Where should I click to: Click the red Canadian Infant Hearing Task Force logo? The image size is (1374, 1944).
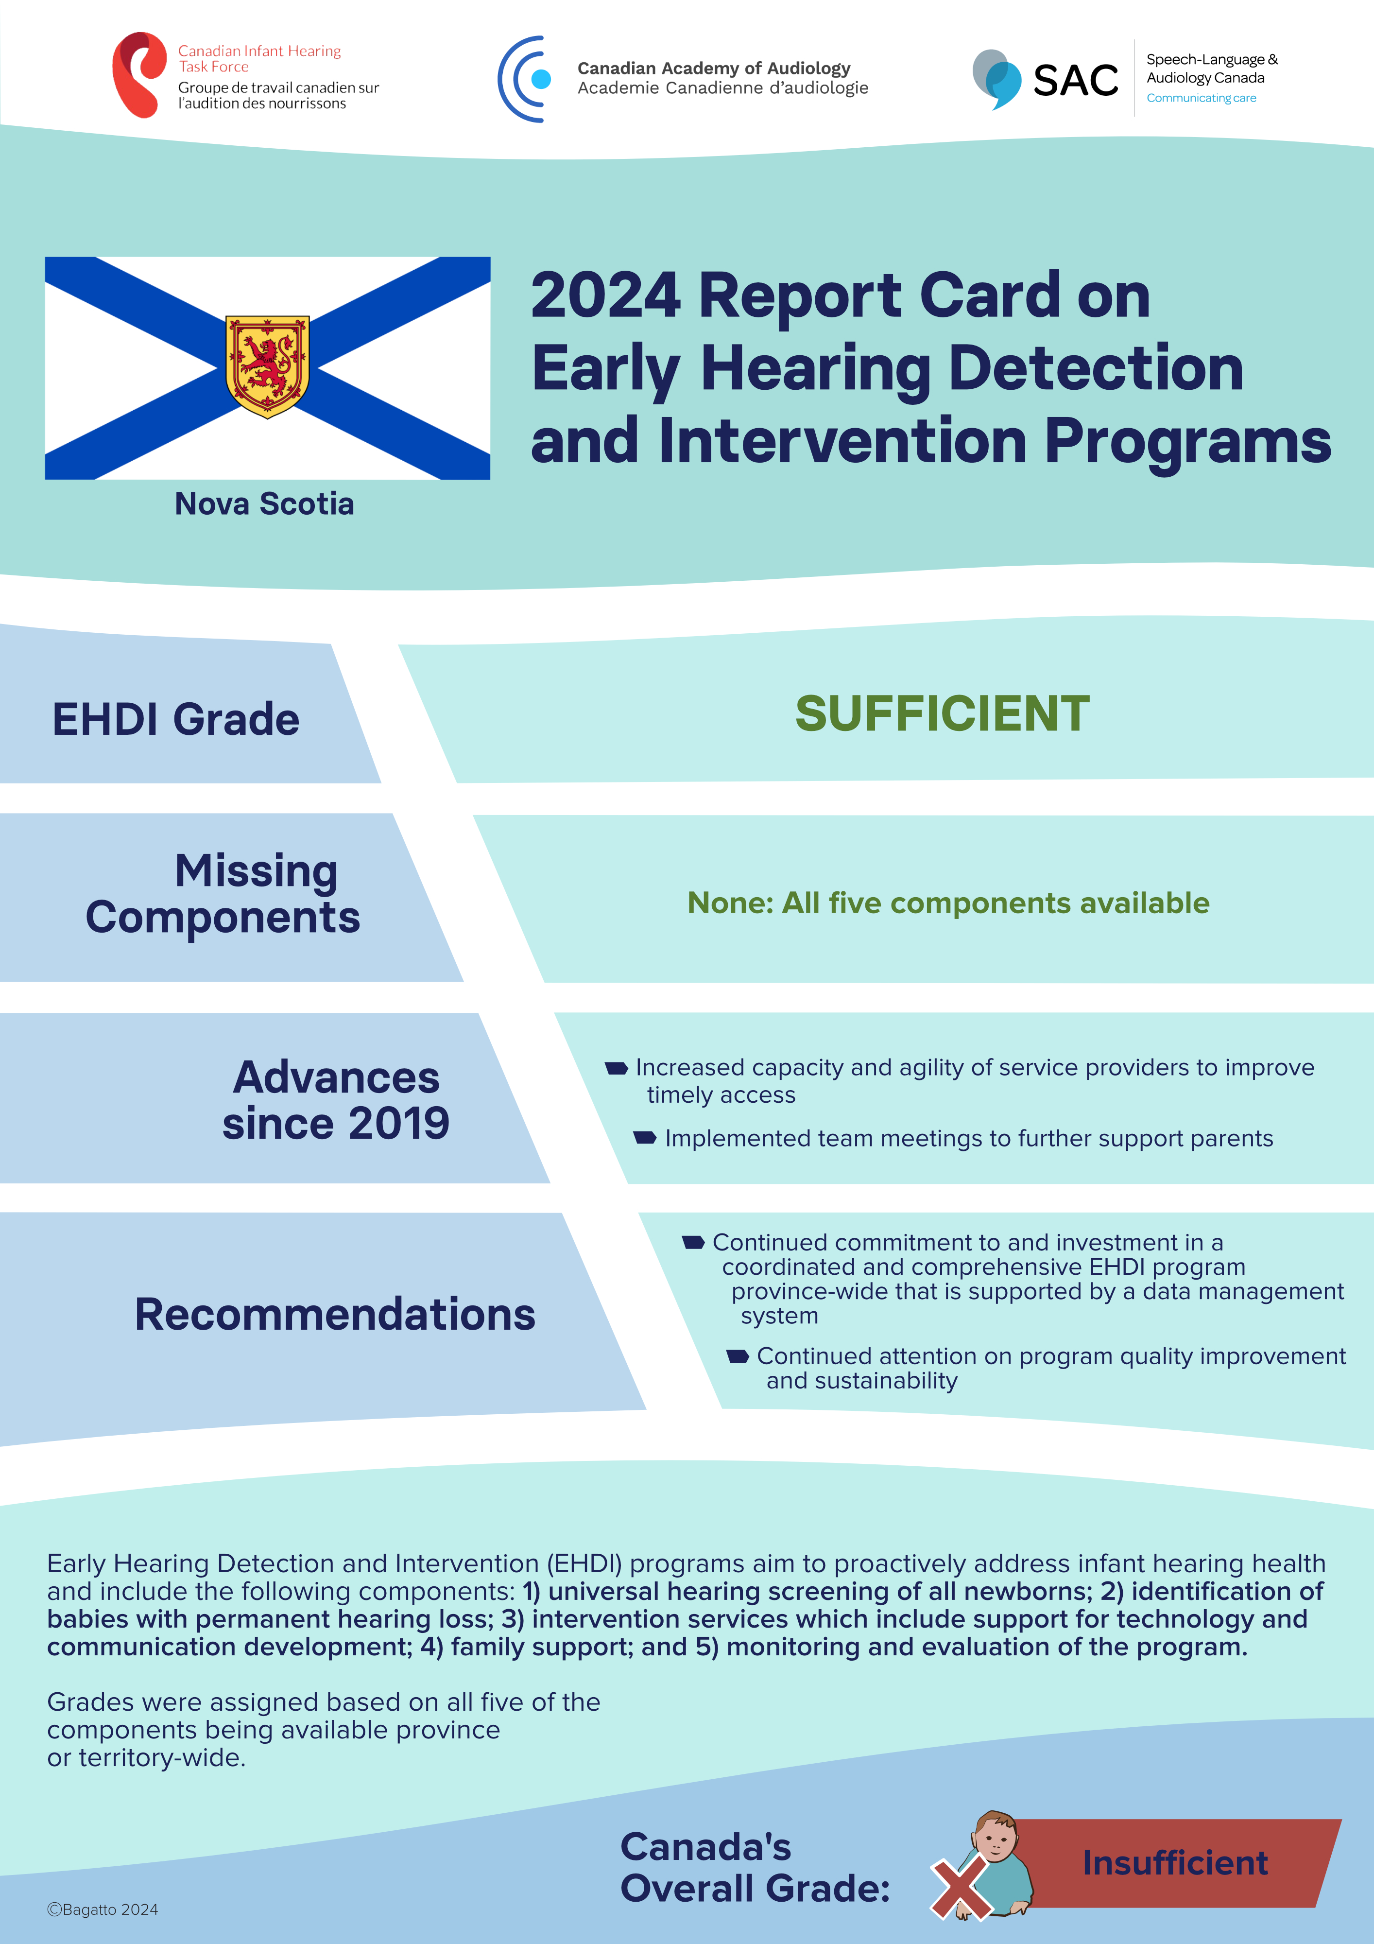[140, 74]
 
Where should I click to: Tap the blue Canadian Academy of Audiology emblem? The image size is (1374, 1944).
[524, 79]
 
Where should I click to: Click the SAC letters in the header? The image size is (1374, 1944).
[1075, 81]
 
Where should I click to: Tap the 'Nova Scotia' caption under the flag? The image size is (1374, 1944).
[264, 504]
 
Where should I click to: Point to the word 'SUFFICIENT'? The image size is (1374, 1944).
[942, 713]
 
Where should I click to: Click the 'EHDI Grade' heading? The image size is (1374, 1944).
[176, 720]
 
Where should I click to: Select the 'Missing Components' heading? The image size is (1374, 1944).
[223, 894]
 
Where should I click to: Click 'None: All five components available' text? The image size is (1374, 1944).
[948, 903]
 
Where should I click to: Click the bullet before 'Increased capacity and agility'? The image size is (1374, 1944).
[617, 1069]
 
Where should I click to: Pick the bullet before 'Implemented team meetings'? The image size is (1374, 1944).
[645, 1138]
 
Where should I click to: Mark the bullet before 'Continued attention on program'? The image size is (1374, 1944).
[738, 1356]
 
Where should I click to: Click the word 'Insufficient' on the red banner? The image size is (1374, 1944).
[1175, 1863]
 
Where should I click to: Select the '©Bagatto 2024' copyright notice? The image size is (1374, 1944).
[103, 1909]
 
